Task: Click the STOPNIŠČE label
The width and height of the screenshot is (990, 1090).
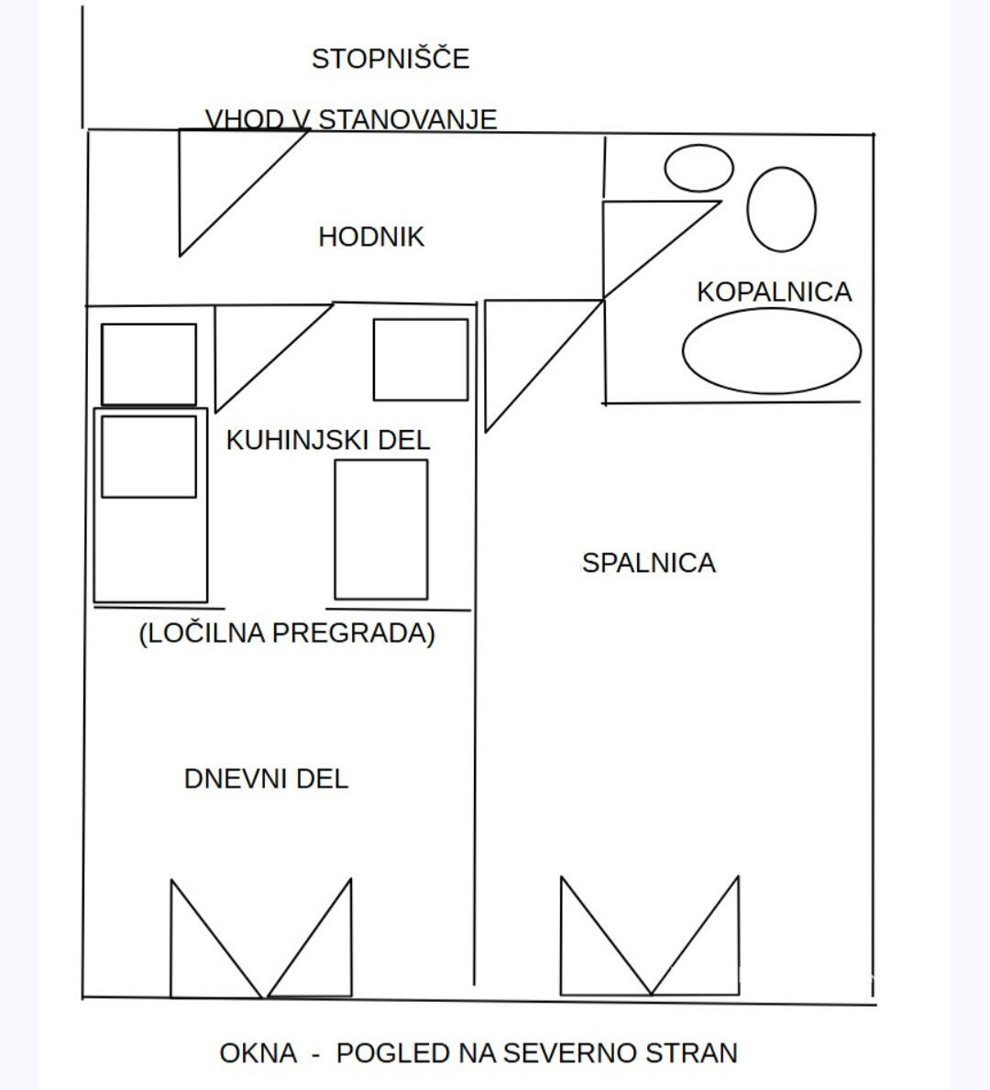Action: click(390, 59)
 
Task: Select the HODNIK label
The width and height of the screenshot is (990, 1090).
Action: click(371, 237)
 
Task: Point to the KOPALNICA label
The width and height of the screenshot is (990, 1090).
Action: click(775, 292)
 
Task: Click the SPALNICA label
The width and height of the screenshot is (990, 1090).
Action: click(649, 563)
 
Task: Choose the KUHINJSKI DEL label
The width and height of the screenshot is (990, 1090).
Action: click(328, 441)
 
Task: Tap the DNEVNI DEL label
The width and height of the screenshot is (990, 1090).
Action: click(266, 779)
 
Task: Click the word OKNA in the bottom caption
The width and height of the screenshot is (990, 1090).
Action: click(258, 1053)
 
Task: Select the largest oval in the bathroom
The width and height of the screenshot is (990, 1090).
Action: click(772, 351)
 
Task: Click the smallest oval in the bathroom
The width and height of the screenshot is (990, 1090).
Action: click(698, 169)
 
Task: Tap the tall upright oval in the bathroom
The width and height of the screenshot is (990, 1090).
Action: click(781, 209)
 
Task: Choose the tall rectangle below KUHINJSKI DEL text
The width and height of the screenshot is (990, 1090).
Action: click(381, 530)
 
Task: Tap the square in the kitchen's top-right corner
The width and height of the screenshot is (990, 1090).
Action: click(421, 360)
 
